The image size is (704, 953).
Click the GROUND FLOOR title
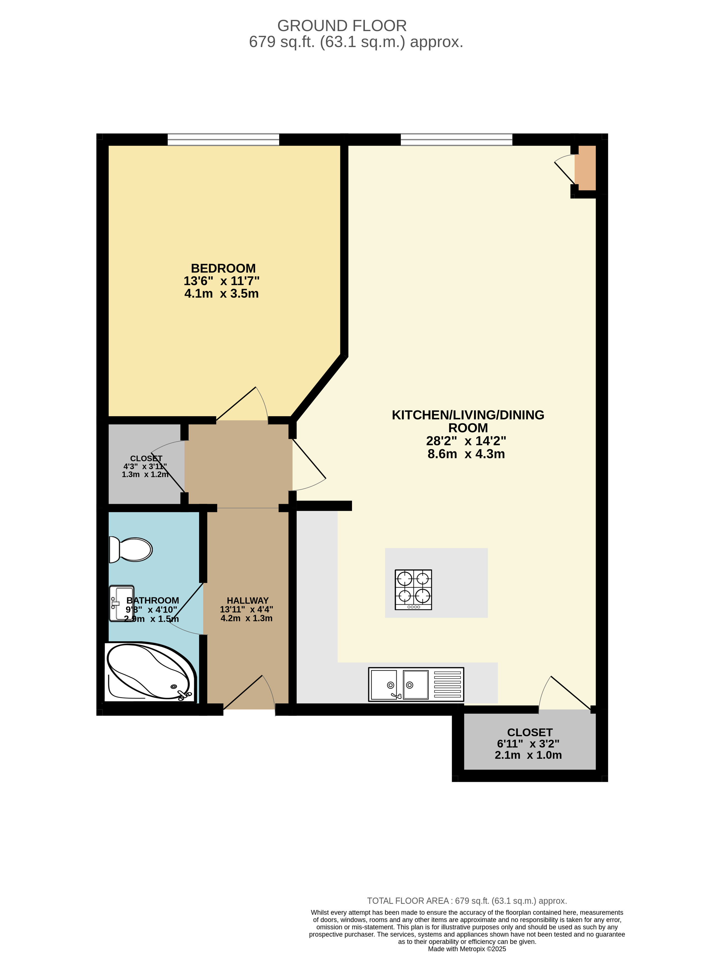342,26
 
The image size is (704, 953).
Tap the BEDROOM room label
223,268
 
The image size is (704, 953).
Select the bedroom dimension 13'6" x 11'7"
222,281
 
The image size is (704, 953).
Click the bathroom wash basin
122,603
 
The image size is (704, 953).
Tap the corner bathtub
150,672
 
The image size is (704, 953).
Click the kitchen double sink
416,685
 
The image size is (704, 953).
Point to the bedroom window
223,139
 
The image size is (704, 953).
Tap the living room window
456,139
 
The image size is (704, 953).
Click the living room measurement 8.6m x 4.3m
466,454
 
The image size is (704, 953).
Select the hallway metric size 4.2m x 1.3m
246,618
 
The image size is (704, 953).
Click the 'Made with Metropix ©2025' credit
467,949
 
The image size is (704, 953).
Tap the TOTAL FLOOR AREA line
467,901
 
